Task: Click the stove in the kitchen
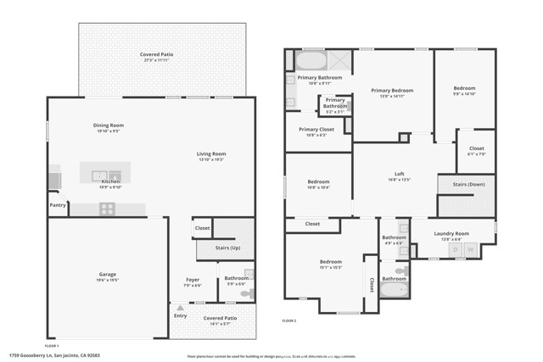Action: click(x=108, y=209)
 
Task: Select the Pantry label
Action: click(x=58, y=204)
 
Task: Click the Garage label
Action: click(x=107, y=275)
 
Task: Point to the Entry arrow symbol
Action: click(x=179, y=307)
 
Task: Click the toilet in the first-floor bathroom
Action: click(x=247, y=294)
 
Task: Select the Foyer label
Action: click(x=193, y=279)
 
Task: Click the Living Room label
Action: click(x=211, y=153)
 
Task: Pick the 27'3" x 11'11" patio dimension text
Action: click(x=155, y=60)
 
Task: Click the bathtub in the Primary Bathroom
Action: click(x=309, y=61)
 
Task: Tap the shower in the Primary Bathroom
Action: click(x=338, y=60)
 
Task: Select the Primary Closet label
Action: click(x=316, y=129)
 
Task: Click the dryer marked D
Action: click(x=456, y=249)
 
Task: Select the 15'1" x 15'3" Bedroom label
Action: click(x=331, y=263)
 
